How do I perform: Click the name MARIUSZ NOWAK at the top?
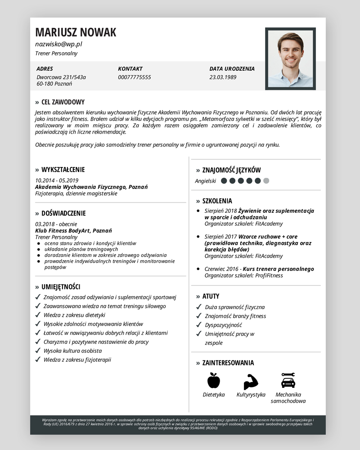[x=76, y=32]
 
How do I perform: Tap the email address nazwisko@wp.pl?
[x=58, y=44]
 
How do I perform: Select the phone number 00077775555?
[x=135, y=77]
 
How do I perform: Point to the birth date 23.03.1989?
[x=223, y=77]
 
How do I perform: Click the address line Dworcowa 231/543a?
[x=61, y=77]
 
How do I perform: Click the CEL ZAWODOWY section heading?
[x=63, y=102]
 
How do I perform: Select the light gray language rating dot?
[x=266, y=181]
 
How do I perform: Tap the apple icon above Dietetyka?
[x=214, y=381]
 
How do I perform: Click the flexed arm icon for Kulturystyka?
[x=251, y=382]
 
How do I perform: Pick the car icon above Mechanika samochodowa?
[x=288, y=381]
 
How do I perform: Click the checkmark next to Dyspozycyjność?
[x=199, y=324]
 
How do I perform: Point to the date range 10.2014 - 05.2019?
[x=57, y=180]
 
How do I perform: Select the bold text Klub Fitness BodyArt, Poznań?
[x=73, y=230]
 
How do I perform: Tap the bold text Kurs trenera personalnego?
[x=278, y=269]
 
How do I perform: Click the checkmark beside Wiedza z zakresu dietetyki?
[x=38, y=315]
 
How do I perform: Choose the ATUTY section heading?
[x=211, y=296]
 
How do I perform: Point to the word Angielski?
[x=206, y=181]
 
